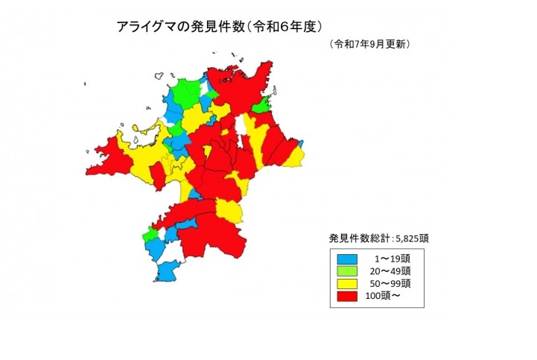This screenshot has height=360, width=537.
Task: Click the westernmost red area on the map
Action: (x=109, y=157)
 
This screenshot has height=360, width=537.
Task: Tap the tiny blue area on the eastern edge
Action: (x=301, y=142)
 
